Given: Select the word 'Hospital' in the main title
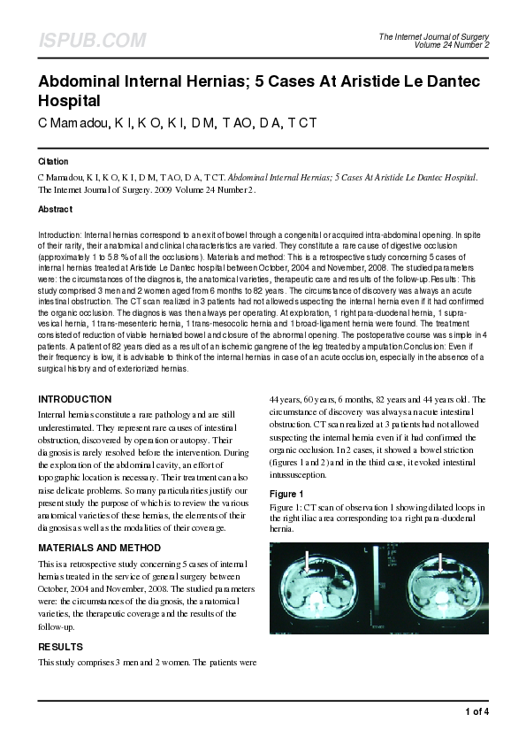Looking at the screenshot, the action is click(x=69, y=100).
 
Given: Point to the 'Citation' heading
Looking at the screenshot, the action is click(x=53, y=162).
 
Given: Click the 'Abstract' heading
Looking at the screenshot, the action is click(x=55, y=209).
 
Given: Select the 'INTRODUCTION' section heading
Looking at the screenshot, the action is click(x=74, y=399).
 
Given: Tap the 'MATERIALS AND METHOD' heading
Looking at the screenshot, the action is click(x=99, y=548).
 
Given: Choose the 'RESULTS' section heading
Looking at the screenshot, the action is click(x=60, y=647).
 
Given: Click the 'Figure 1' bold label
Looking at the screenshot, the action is click(x=286, y=493).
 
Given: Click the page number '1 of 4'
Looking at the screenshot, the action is click(x=476, y=711).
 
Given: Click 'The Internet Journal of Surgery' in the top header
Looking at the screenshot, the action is click(x=434, y=36).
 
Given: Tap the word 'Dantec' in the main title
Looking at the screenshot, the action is click(x=447, y=81).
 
